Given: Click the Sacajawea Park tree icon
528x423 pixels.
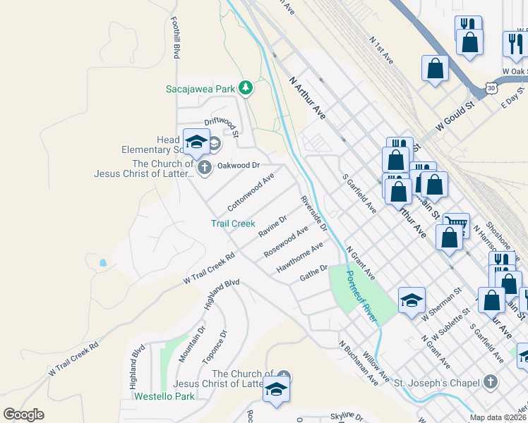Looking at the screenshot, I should coord(246,88).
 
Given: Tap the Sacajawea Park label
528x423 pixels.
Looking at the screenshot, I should coord(200,89).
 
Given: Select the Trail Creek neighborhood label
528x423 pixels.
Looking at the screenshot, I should coord(233,223).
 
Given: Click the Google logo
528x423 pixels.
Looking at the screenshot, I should coord(23,415).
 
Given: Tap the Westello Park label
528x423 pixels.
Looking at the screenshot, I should coord(164,396).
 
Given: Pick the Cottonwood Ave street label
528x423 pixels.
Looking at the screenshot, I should coord(251,192).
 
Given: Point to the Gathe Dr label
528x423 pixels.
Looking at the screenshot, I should coord(314,272).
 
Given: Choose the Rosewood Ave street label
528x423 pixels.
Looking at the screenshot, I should coord(286,241).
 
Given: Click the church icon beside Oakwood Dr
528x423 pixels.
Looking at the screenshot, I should coord(205,168).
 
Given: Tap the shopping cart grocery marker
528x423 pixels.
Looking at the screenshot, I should coord(457,225).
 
